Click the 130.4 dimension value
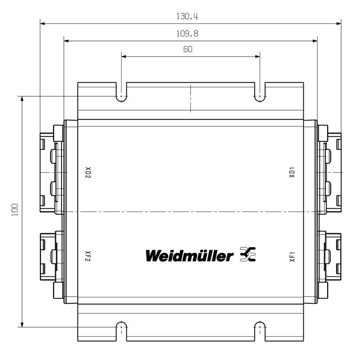(187, 17)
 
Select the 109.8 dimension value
(187, 34)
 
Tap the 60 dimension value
(188, 49)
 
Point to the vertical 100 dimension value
(15, 210)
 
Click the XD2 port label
(88, 172)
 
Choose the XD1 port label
(292, 172)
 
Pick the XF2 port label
(88, 256)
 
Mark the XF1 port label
(292, 256)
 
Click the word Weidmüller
(189, 256)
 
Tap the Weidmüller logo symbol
(248, 254)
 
